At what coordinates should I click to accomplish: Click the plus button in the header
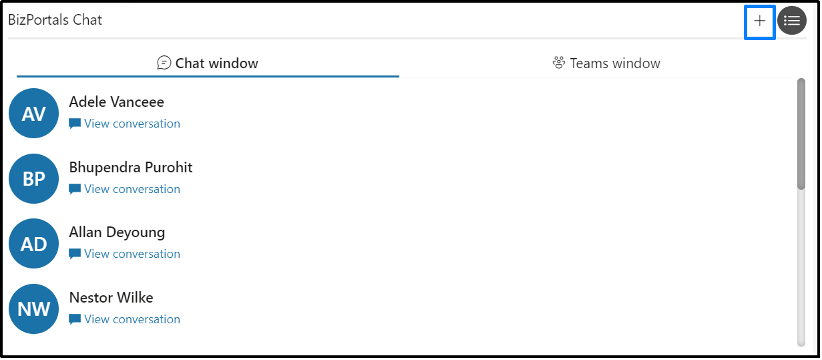pyautogui.click(x=759, y=21)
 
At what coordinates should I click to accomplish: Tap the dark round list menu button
pyautogui.click(x=791, y=21)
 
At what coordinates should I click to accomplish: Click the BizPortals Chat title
pyautogui.click(x=55, y=20)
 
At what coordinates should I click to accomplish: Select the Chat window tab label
pyautogui.click(x=216, y=63)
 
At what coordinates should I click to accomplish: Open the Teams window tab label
pyautogui.click(x=615, y=63)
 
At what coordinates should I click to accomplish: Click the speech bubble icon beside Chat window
pyautogui.click(x=164, y=63)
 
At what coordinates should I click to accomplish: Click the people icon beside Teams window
pyautogui.click(x=559, y=63)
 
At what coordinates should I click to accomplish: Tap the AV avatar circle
pyautogui.click(x=34, y=113)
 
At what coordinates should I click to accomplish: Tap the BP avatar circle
pyautogui.click(x=34, y=179)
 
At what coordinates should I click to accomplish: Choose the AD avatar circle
pyautogui.click(x=34, y=244)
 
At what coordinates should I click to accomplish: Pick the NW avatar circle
pyautogui.click(x=34, y=309)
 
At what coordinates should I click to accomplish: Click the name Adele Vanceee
pyautogui.click(x=117, y=102)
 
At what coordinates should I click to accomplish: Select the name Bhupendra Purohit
pyautogui.click(x=131, y=168)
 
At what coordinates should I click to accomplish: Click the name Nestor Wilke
pyautogui.click(x=112, y=298)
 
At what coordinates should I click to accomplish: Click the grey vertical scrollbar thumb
pyautogui.click(x=801, y=134)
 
